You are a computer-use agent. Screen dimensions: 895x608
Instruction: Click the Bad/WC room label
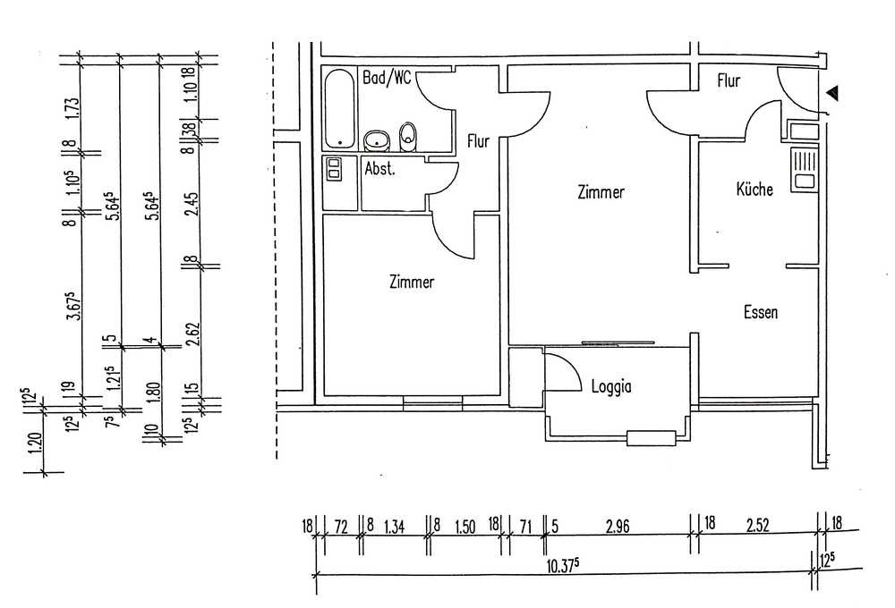point(387,78)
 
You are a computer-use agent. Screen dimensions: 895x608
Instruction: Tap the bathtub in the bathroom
point(339,108)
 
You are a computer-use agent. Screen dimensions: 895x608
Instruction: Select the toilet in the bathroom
point(407,138)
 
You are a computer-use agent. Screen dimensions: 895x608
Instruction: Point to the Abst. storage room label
point(379,169)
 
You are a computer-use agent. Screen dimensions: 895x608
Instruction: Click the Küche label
point(754,189)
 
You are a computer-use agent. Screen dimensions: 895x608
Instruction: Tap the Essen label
point(760,312)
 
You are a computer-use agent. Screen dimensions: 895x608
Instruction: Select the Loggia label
point(611,386)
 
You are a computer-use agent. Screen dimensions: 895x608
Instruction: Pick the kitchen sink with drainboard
point(805,169)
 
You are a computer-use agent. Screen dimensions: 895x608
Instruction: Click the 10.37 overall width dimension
point(563,566)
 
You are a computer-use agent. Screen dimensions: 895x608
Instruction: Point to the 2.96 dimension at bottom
point(618,526)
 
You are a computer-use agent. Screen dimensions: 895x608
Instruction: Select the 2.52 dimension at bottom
point(758,526)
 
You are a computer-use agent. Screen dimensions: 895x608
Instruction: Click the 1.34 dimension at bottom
point(395,527)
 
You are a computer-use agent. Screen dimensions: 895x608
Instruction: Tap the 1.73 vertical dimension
point(72,109)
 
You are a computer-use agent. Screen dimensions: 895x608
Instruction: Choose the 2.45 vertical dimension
point(192,203)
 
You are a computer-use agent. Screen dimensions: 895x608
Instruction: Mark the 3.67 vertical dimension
point(73,306)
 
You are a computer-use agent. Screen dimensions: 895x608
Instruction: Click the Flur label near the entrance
point(729,80)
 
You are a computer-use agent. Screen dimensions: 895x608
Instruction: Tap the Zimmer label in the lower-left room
point(412,282)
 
